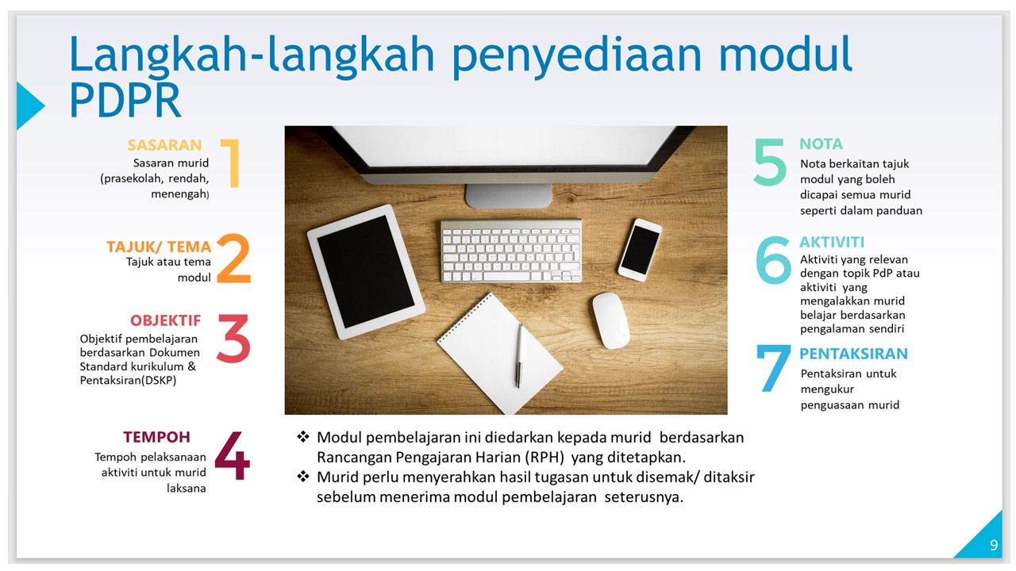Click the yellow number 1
click(x=230, y=163)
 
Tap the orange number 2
click(x=233, y=259)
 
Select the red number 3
click(x=233, y=339)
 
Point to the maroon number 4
click(x=232, y=456)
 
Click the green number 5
click(x=770, y=163)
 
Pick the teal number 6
click(x=773, y=260)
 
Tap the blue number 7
click(x=773, y=369)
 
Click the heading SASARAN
click(x=164, y=145)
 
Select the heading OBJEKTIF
click(x=165, y=320)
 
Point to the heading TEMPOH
click(x=156, y=437)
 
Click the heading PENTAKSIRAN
click(x=853, y=354)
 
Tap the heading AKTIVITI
click(x=832, y=242)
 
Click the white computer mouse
click(x=610, y=320)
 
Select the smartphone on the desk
click(x=640, y=250)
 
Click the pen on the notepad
click(x=519, y=354)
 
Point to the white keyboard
click(x=511, y=251)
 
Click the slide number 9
click(x=993, y=545)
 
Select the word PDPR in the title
click(x=125, y=101)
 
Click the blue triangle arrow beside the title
click(x=29, y=105)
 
